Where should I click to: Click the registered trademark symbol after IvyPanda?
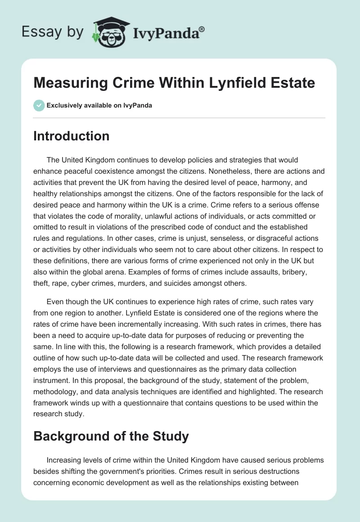(202, 29)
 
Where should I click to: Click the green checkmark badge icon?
(39, 105)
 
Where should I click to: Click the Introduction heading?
(71, 136)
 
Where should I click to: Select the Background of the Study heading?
(111, 436)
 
